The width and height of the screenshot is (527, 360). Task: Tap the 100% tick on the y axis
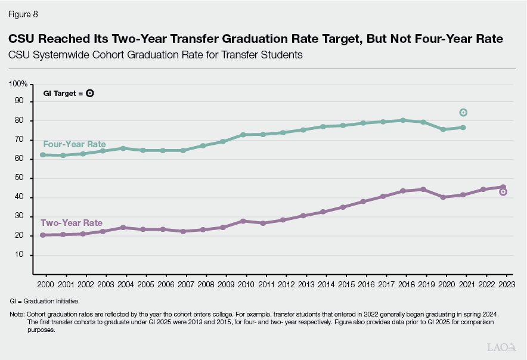19,83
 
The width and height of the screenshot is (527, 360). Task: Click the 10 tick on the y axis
23,255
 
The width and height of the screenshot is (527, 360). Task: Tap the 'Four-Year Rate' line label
75,144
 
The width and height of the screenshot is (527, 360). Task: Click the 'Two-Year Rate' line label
72,223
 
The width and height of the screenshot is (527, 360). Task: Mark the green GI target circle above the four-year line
463,113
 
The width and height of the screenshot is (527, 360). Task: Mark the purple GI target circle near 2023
503,192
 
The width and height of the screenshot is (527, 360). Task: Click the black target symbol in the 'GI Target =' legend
89,93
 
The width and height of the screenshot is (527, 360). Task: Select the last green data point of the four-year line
463,128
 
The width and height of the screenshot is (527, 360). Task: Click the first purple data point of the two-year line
43,235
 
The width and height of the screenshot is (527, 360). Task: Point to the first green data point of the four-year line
43,155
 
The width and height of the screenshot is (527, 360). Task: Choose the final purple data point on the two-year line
503,187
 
